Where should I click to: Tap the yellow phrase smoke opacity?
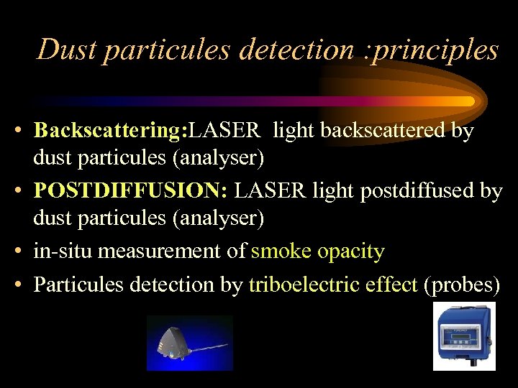pos(317,251)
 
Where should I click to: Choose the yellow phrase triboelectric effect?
pos(333,285)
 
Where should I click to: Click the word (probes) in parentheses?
pos(462,285)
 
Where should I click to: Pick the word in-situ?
pos(63,251)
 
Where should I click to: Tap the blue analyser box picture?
pos(464,336)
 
